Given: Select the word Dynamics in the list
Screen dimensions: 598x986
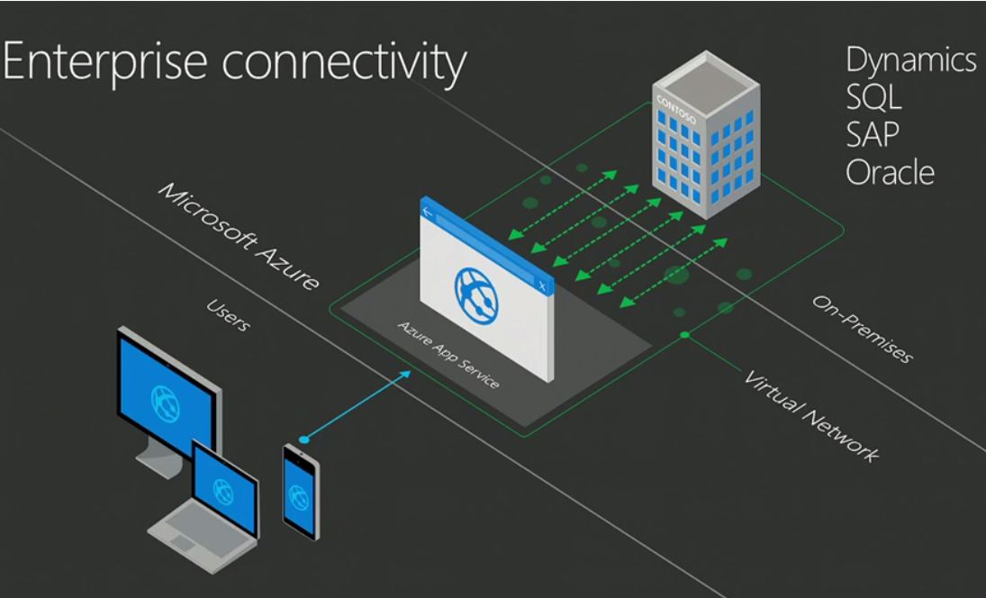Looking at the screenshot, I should click(x=910, y=60).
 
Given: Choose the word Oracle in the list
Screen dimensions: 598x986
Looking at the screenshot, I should click(x=888, y=171).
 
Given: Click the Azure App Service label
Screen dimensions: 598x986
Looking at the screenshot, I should click(x=449, y=352).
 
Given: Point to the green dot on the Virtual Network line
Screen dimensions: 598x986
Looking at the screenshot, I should click(x=685, y=335).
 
